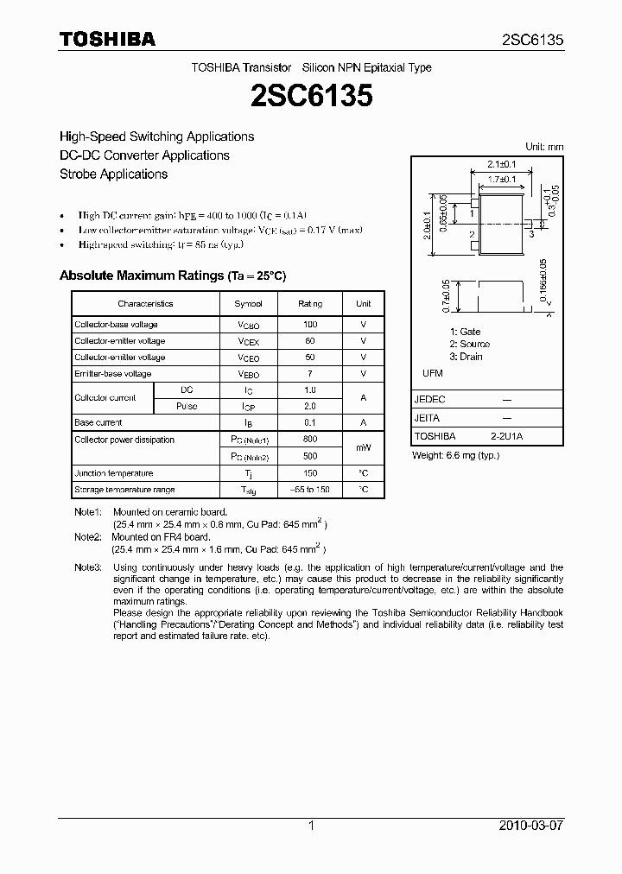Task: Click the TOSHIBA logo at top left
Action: tap(107, 39)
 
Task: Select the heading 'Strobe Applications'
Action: tap(113, 174)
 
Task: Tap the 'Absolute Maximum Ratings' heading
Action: tap(140, 275)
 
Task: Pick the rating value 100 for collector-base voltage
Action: tap(310, 325)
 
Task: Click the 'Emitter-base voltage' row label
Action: tap(112, 374)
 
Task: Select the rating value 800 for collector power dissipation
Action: tap(310, 440)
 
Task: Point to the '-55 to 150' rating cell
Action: tap(310, 490)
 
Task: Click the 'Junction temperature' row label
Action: tap(113, 473)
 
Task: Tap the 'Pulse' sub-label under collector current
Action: tap(187, 406)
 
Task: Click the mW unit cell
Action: tap(363, 447)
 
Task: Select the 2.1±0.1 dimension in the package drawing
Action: tap(501, 163)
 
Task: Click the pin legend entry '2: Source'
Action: tap(469, 344)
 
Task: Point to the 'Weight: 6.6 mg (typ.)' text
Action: tap(455, 455)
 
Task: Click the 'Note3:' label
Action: tap(87, 567)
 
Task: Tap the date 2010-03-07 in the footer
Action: tap(531, 826)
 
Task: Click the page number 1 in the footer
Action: tap(311, 826)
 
